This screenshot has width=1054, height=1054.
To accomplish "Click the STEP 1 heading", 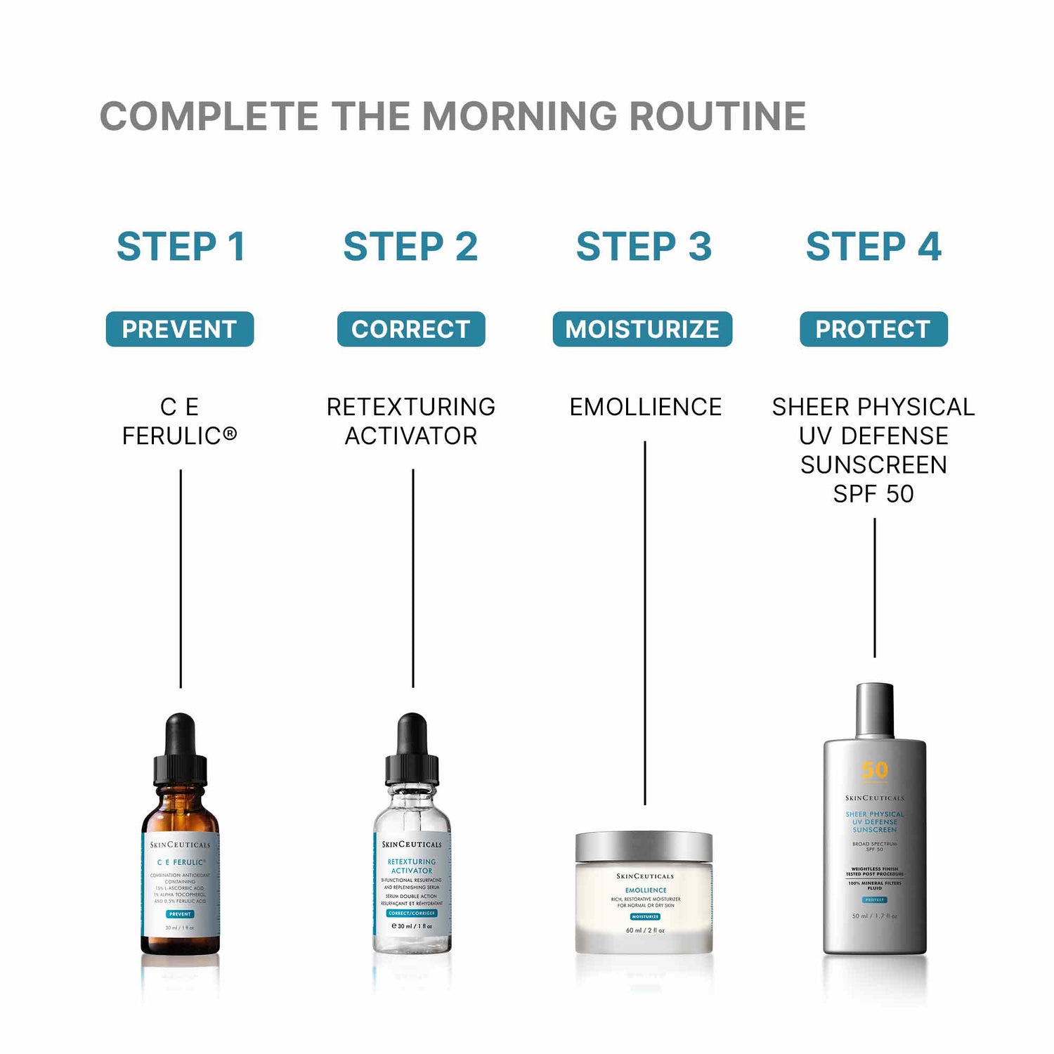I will pos(181,247).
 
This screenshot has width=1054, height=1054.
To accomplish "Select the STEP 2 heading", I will pos(410,247).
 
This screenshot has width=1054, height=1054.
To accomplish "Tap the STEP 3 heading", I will pos(644,247).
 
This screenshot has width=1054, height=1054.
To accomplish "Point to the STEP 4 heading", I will pos(873,247).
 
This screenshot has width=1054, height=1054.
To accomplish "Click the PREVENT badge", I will pos(179,329).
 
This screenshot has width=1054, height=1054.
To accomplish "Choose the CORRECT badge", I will pos(411,329).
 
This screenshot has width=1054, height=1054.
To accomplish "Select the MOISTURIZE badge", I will pos(642,329).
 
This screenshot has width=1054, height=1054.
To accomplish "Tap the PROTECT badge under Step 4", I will pos(873,329).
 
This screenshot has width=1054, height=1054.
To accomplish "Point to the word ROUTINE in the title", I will pos(717,116).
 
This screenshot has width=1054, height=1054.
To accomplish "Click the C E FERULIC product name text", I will pos(180,422).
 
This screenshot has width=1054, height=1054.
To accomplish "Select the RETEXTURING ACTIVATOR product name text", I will pos(411,422).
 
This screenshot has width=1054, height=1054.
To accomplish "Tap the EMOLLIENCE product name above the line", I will pos(645,407).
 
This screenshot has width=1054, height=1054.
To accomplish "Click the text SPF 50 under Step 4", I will pos(873,494).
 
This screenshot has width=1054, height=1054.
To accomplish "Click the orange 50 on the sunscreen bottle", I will pos(875,771).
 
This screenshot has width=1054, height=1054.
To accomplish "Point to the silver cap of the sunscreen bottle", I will pos(875,710).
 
